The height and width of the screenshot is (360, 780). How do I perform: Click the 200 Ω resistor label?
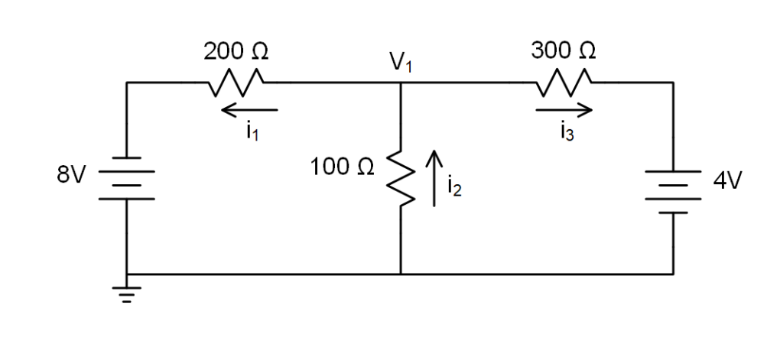[x=236, y=52]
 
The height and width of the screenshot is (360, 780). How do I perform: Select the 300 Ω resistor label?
[x=564, y=51]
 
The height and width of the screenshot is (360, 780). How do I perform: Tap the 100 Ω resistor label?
[x=342, y=167]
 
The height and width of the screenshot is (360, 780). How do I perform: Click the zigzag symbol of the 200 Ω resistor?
[x=236, y=80]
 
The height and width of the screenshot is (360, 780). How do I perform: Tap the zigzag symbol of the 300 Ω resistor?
[x=564, y=80]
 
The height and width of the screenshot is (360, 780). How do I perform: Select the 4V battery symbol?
[x=673, y=191]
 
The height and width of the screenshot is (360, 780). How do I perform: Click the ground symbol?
[x=127, y=294]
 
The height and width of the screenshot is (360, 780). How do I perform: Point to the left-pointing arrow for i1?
[x=249, y=111]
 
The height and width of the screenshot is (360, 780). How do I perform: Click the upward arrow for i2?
[x=434, y=178]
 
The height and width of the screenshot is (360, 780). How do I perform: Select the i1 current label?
[x=252, y=131]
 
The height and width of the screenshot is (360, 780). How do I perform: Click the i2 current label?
[x=454, y=187]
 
